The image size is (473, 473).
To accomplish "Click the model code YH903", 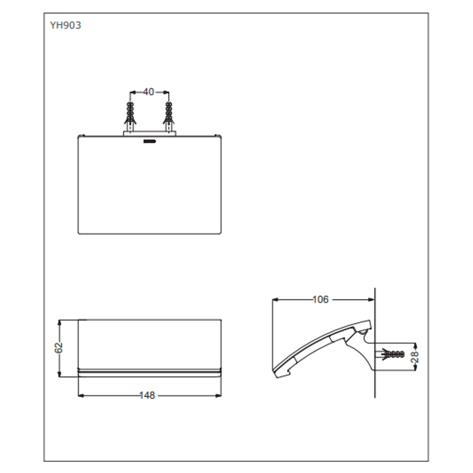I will [x=65, y=25].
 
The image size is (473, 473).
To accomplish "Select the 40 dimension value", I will [x=148, y=92].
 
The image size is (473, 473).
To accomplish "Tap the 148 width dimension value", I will [x=147, y=395].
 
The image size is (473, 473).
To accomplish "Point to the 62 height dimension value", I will [x=59, y=348].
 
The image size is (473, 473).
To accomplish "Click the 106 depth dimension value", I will [x=320, y=300].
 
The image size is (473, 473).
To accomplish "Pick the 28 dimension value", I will [x=415, y=357].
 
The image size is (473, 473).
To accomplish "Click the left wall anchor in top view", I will [x=130, y=115].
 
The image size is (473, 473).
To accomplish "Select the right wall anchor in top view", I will [x=168, y=115].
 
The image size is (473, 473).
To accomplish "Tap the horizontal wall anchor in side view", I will [x=392, y=354].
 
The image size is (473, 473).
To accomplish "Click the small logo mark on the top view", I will [x=149, y=141].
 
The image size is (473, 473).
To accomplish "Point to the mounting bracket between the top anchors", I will [x=149, y=133].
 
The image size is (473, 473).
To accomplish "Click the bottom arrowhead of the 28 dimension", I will [x=415, y=368].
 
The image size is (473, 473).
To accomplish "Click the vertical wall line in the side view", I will [x=375, y=385].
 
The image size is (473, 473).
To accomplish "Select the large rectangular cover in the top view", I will [x=149, y=186].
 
